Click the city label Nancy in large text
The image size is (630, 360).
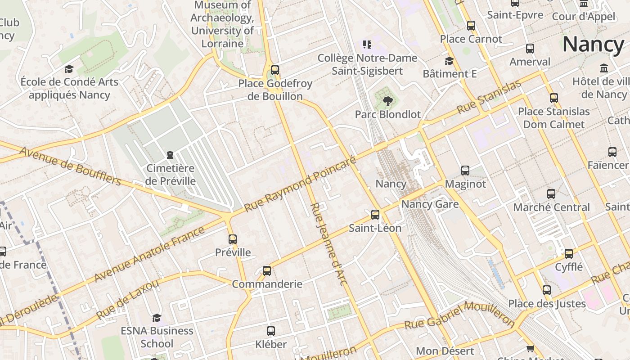[x=593, y=44]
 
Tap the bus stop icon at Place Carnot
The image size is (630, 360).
[x=471, y=26]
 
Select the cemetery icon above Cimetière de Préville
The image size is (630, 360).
[x=170, y=155]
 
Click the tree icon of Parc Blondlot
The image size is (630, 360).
[x=387, y=101]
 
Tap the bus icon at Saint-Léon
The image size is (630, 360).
[x=375, y=215]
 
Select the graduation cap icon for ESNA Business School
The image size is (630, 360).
[x=157, y=318]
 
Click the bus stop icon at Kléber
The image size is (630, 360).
[x=271, y=331]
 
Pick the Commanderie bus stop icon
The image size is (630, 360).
[x=267, y=271]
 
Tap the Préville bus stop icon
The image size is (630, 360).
[x=233, y=239]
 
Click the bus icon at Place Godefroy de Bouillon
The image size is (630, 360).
[x=274, y=70]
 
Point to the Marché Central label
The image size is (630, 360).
[x=551, y=207]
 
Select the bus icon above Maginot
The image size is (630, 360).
[x=465, y=171]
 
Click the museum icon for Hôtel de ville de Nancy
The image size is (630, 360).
[x=604, y=68]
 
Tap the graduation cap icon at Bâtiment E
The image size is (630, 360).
[x=449, y=61]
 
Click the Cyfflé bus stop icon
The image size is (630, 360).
[x=569, y=254]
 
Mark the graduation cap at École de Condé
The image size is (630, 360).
[x=69, y=69]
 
